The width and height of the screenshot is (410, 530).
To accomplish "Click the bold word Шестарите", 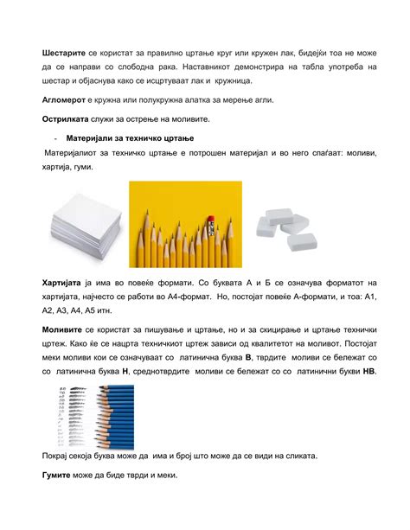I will (x=65, y=53).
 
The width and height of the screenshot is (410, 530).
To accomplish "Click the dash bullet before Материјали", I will (x=55, y=139).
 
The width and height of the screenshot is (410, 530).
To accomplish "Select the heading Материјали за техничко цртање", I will (x=130, y=139).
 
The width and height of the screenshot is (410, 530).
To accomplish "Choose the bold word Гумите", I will (x=59, y=476).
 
